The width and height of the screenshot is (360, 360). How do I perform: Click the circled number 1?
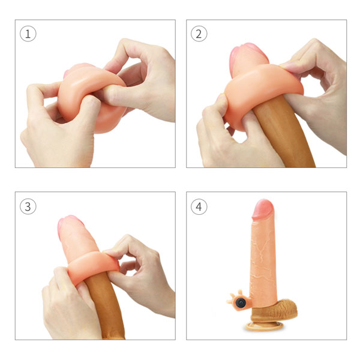click(x=28, y=34)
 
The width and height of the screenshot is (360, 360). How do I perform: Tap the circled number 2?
click(x=199, y=34)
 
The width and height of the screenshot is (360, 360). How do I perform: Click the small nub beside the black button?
click(x=229, y=298)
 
